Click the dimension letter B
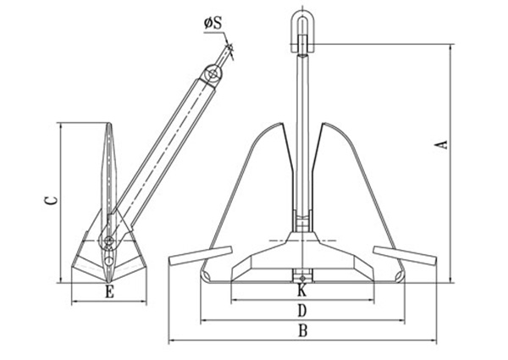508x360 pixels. pyautogui.click(x=302, y=330)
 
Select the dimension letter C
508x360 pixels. pyautogui.click(x=51, y=201)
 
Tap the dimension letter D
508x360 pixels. pyautogui.click(x=302, y=311)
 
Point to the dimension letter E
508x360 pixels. pyautogui.click(x=108, y=292)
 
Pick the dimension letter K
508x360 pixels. pyautogui.click(x=301, y=291)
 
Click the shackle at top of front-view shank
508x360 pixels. pyautogui.click(x=302, y=25)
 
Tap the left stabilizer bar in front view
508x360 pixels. pyautogui.click(x=201, y=255)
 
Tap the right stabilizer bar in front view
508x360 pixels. pyautogui.click(x=404, y=255)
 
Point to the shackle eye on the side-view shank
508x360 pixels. pyautogui.click(x=213, y=76)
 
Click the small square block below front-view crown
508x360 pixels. pyautogui.click(x=302, y=274)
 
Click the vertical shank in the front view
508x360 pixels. pyautogui.click(x=302, y=127)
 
